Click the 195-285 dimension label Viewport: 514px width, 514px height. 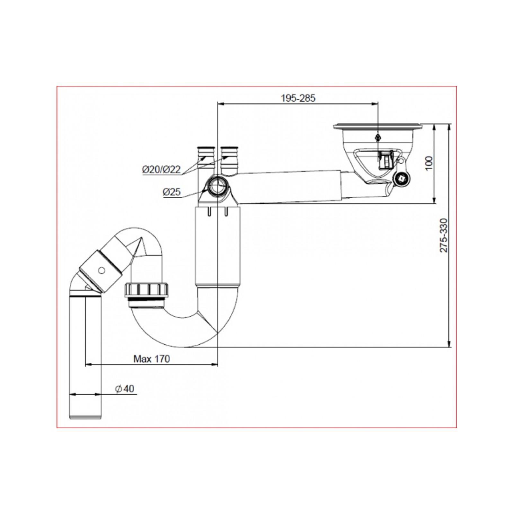click(298, 98)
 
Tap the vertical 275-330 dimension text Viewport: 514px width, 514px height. click(444, 235)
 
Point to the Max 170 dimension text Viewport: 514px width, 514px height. click(152, 359)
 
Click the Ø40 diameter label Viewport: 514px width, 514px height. click(125, 389)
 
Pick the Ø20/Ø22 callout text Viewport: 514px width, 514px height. click(162, 169)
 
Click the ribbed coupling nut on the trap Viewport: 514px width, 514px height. click(147, 290)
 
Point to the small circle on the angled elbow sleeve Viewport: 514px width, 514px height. click(102, 270)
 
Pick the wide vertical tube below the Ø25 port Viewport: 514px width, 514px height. click(217, 246)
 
